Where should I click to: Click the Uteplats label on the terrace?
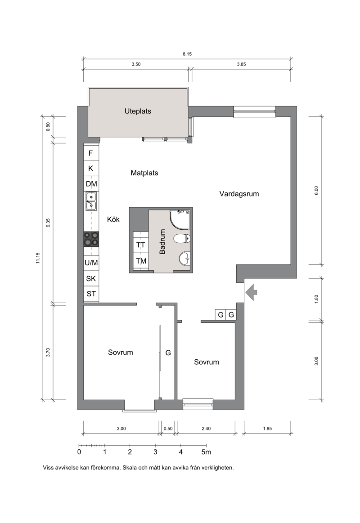pyautogui.click(x=138, y=111)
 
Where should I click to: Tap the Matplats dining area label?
pyautogui.click(x=144, y=173)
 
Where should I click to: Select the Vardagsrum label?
pyautogui.click(x=239, y=194)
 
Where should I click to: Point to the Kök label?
pyautogui.click(x=113, y=219)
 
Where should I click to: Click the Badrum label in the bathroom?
pyautogui.click(x=162, y=241)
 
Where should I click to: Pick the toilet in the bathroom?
pyautogui.click(x=182, y=238)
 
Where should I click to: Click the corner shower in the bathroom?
pyautogui.click(x=180, y=219)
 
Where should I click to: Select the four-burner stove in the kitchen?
pyautogui.click(x=91, y=239)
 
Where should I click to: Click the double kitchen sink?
pyautogui.click(x=91, y=201)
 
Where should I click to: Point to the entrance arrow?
pyautogui.click(x=251, y=292)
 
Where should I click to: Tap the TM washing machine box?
pyautogui.click(x=141, y=261)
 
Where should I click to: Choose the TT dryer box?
pyautogui.click(x=141, y=245)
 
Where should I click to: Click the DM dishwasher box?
pyautogui.click(x=91, y=184)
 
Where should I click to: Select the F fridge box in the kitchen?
pyautogui.click(x=91, y=153)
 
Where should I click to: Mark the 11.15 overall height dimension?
pyautogui.click(x=38, y=258)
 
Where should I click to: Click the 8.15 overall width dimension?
pyautogui.click(x=187, y=54)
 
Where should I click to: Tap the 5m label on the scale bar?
pyautogui.click(x=206, y=452)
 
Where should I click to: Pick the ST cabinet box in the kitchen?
pyautogui.click(x=91, y=294)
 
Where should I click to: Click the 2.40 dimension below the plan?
pyautogui.click(x=206, y=429)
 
